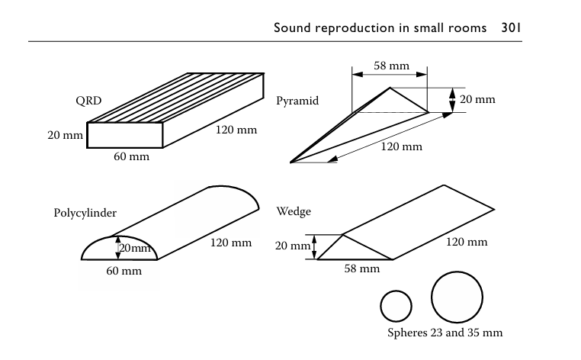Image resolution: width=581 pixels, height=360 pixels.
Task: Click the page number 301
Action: (x=511, y=28)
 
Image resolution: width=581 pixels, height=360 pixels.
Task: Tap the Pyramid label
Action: (x=297, y=101)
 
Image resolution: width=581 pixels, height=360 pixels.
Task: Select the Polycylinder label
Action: (x=85, y=213)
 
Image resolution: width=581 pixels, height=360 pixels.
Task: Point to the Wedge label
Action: (x=294, y=210)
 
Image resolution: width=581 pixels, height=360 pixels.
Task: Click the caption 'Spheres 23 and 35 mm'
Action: (x=445, y=333)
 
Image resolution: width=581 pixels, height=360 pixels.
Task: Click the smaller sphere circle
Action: (x=396, y=306)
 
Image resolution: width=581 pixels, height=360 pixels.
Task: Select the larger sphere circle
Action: (x=457, y=298)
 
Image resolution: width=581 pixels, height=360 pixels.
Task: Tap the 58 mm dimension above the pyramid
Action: (x=391, y=66)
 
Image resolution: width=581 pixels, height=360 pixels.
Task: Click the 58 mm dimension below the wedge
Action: (x=361, y=269)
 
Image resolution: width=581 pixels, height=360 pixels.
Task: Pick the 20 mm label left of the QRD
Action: (x=64, y=134)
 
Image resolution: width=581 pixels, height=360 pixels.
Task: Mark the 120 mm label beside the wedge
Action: (x=466, y=242)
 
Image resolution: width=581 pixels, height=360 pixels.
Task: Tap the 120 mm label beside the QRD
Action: (x=236, y=130)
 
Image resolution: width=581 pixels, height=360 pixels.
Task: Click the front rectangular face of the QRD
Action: (x=125, y=134)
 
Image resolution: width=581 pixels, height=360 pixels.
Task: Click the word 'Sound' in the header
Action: (x=294, y=28)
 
